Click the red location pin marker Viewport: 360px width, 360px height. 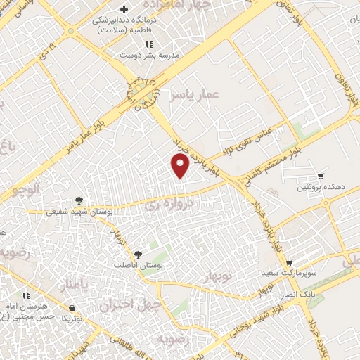pos(180,165)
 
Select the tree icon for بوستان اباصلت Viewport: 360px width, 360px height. pos(137,255)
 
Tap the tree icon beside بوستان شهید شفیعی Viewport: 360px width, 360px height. pos(79,200)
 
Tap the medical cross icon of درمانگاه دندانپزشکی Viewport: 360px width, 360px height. pos(124,10)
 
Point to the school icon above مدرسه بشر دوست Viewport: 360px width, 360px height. pos(160,44)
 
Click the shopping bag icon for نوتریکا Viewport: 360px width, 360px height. pos(73,308)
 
